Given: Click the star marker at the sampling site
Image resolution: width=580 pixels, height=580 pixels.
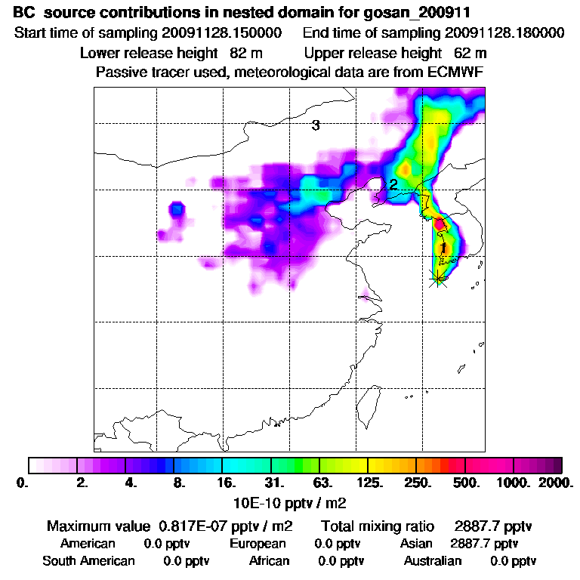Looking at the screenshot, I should [x=437, y=279].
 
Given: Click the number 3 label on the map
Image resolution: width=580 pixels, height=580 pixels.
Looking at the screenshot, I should [x=316, y=125].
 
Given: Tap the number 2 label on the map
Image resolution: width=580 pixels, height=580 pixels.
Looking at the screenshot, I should [x=393, y=184].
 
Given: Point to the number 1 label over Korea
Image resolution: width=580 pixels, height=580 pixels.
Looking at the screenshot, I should [x=443, y=247].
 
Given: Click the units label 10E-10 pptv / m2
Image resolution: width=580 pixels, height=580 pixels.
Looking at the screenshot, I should [x=291, y=501].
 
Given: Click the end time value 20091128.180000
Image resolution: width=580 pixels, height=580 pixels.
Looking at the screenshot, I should [x=504, y=33].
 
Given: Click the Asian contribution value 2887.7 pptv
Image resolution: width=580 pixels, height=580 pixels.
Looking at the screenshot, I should [x=484, y=543].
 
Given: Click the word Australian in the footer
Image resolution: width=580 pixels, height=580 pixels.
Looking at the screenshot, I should [x=432, y=560].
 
